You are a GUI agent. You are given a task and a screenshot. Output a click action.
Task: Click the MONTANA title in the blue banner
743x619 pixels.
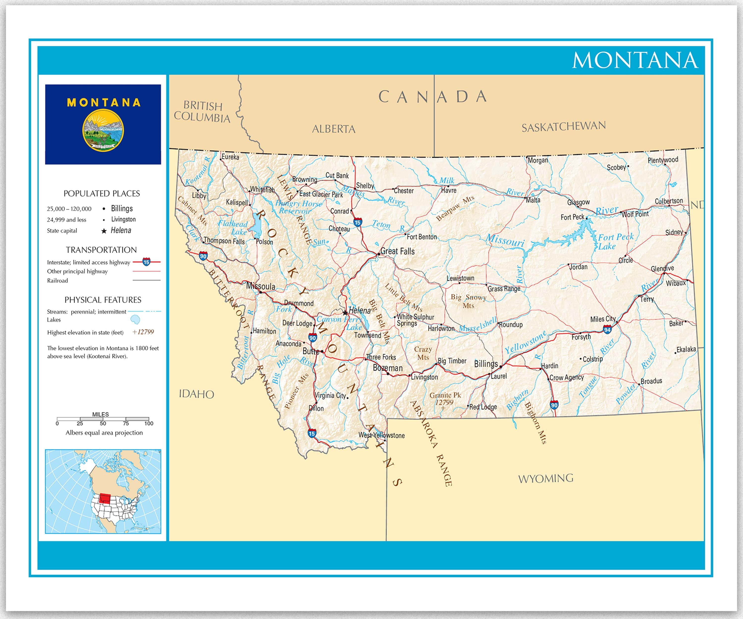tap(635, 60)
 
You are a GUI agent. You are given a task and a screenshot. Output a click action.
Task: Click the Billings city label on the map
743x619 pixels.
tap(486, 364)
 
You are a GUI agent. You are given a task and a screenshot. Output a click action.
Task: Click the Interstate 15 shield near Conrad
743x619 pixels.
tap(358, 223)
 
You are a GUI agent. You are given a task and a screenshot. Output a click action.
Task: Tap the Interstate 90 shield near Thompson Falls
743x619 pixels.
tap(203, 256)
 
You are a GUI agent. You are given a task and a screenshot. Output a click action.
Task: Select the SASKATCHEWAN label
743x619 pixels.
tap(564, 127)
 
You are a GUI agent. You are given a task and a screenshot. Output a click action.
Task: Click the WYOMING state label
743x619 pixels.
tap(546, 479)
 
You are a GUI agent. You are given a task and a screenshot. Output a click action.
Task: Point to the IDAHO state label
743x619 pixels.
tap(196, 394)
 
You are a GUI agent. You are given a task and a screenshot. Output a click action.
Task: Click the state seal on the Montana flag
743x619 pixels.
tap(103, 130)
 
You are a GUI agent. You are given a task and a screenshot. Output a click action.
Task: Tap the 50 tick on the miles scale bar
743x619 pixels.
tap(103, 423)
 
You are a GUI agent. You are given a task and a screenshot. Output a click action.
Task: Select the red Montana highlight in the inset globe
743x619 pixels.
tap(105, 498)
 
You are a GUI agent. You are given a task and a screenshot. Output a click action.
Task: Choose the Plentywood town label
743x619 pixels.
tap(663, 160)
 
